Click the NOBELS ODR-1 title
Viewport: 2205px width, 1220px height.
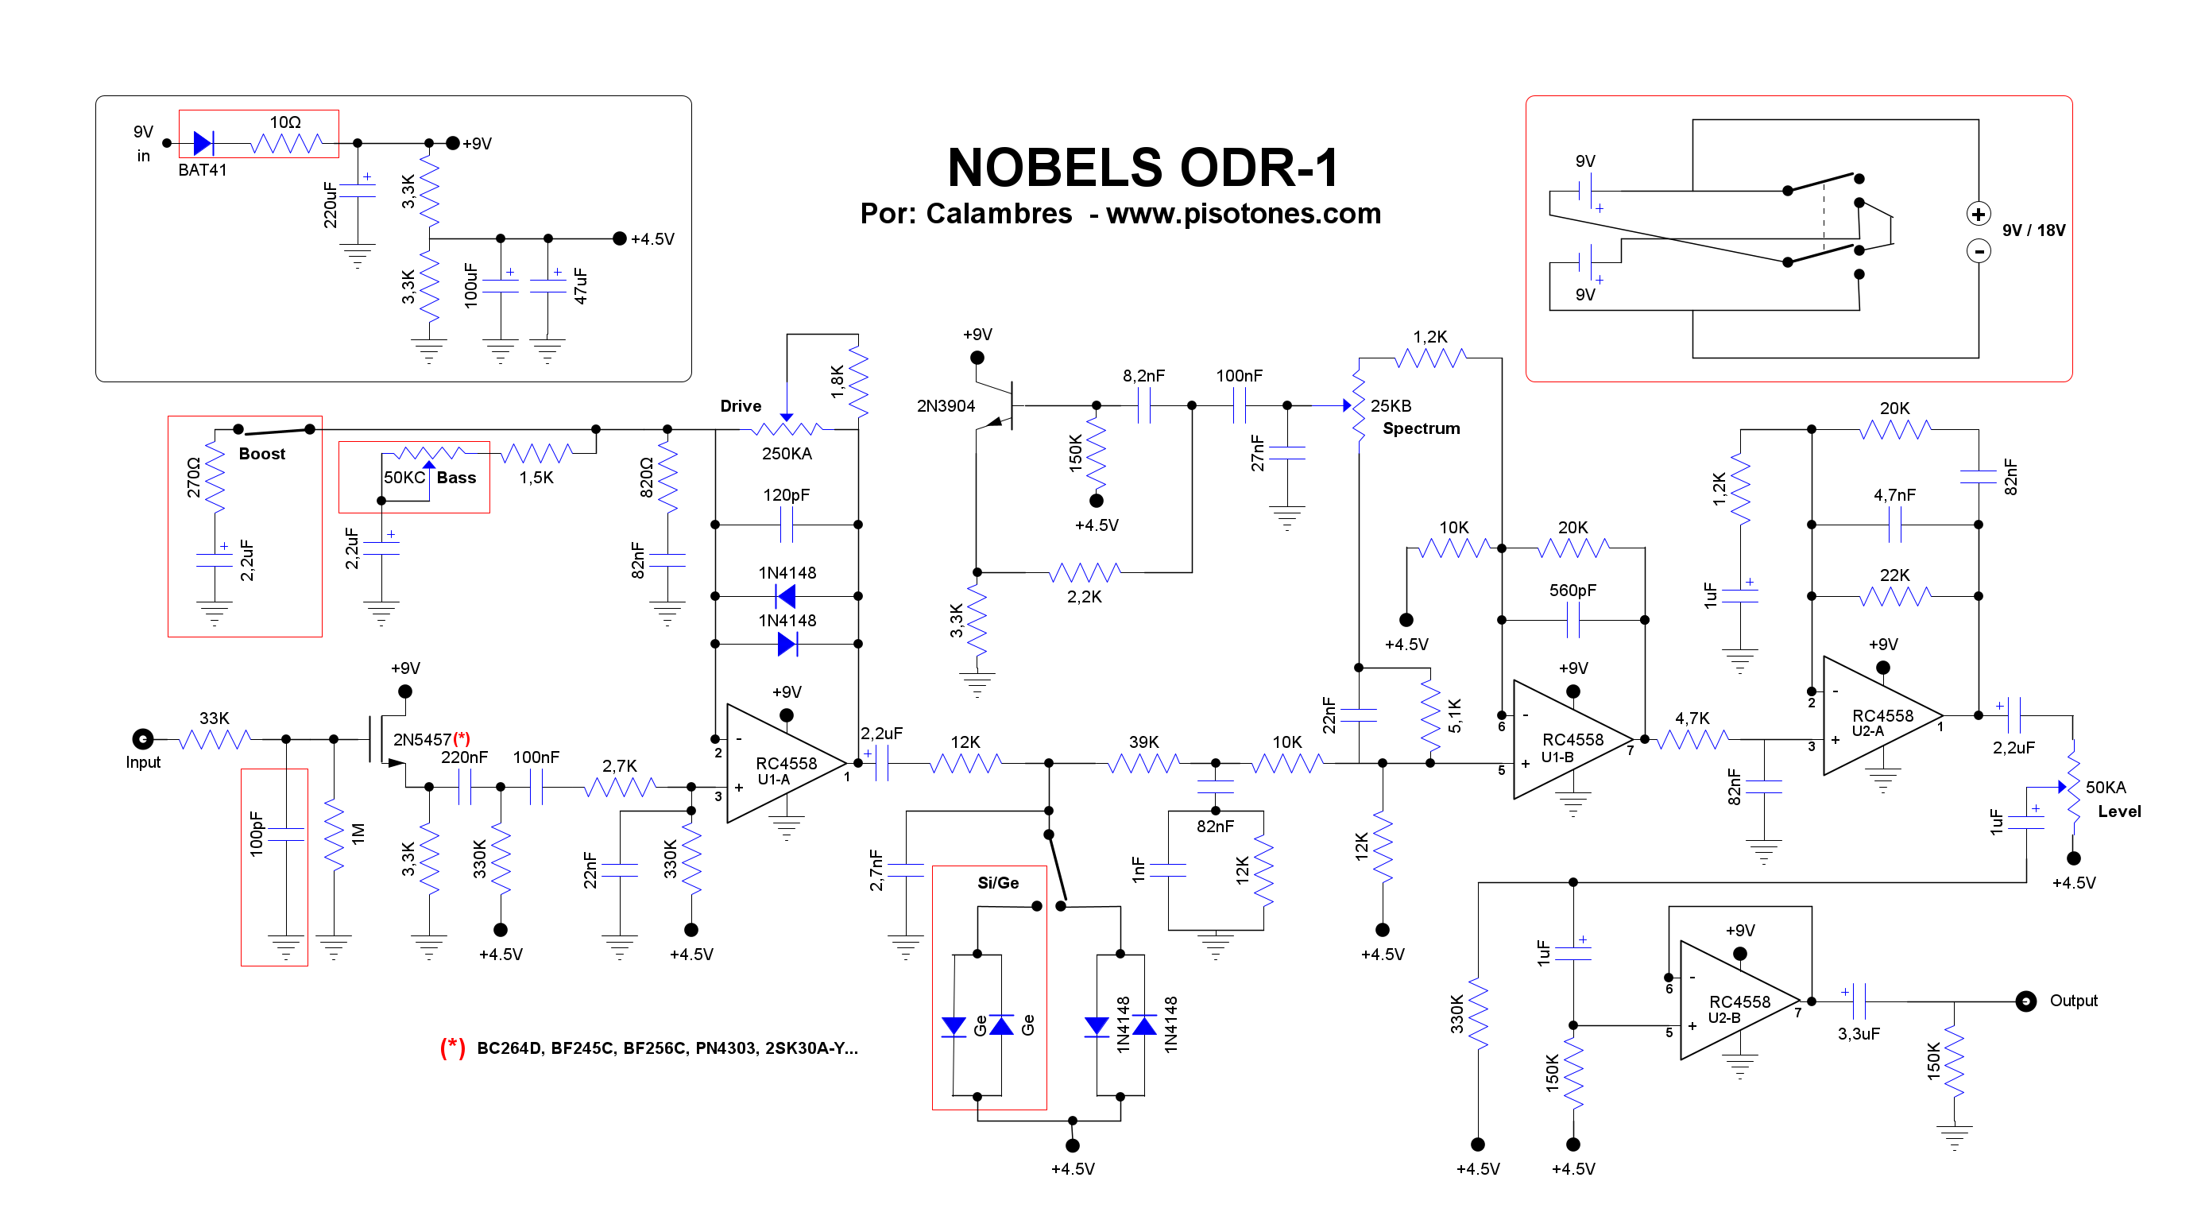pyautogui.click(x=1143, y=167)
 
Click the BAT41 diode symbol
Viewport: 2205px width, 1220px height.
pyautogui.click(x=203, y=143)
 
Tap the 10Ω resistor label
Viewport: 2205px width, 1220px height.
pyautogui.click(x=285, y=122)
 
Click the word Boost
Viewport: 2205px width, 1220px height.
pyautogui.click(x=262, y=454)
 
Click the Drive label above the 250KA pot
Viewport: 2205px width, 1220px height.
pyautogui.click(x=741, y=406)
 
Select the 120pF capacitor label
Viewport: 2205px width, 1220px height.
pyautogui.click(x=786, y=495)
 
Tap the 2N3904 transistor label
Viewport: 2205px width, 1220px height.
pyautogui.click(x=945, y=406)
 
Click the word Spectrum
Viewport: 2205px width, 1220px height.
pyautogui.click(x=1421, y=428)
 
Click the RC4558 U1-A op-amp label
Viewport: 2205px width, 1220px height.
pyautogui.click(x=785, y=769)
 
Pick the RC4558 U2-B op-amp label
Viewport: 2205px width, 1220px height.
pyautogui.click(x=1739, y=1009)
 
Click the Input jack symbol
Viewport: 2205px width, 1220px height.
pyautogui.click(x=143, y=738)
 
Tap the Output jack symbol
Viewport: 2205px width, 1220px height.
pyautogui.click(x=2025, y=1001)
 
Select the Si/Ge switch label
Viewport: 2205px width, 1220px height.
pyautogui.click(x=997, y=883)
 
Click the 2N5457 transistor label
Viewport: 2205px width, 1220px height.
pyautogui.click(x=421, y=739)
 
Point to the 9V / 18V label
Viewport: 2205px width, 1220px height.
pyautogui.click(x=2033, y=230)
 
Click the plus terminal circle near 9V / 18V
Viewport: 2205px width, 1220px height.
pyautogui.click(x=1979, y=214)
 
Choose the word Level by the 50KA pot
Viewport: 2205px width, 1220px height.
pyautogui.click(x=2118, y=811)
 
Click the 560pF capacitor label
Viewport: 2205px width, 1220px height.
pyautogui.click(x=1572, y=590)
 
